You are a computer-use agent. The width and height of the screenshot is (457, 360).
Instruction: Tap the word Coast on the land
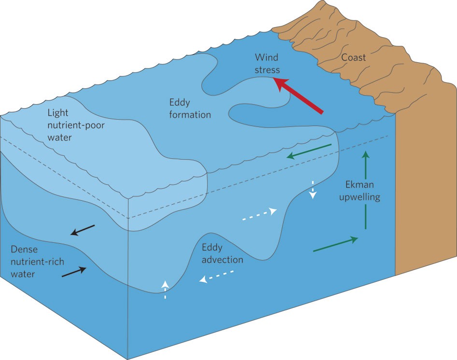click(x=354, y=58)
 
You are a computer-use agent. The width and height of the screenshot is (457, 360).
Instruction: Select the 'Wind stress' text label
click(x=267, y=64)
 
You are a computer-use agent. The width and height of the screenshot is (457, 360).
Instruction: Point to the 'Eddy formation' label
click(x=190, y=109)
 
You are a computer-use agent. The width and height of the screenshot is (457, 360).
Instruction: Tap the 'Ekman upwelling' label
click(x=363, y=191)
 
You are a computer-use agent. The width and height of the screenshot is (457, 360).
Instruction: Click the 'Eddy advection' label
click(x=222, y=254)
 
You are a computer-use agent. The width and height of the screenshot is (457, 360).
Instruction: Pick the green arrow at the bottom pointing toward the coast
click(x=336, y=244)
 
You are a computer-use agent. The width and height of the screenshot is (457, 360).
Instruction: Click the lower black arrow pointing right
click(x=74, y=272)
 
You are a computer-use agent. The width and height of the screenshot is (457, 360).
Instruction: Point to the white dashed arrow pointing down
click(x=313, y=190)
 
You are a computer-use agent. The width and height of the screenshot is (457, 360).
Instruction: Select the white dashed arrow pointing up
click(x=165, y=289)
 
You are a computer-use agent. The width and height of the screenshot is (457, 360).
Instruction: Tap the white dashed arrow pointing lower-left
click(x=217, y=277)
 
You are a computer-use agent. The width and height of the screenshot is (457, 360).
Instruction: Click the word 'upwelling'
click(x=363, y=197)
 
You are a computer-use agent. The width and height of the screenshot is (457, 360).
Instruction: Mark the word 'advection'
click(x=222, y=260)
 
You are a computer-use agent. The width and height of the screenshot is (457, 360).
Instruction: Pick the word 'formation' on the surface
click(x=190, y=115)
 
